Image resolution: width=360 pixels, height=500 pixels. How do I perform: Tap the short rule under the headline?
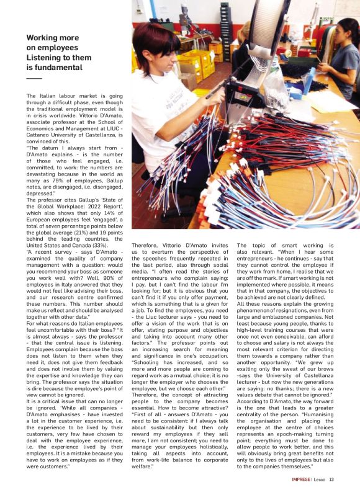(34, 79)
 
